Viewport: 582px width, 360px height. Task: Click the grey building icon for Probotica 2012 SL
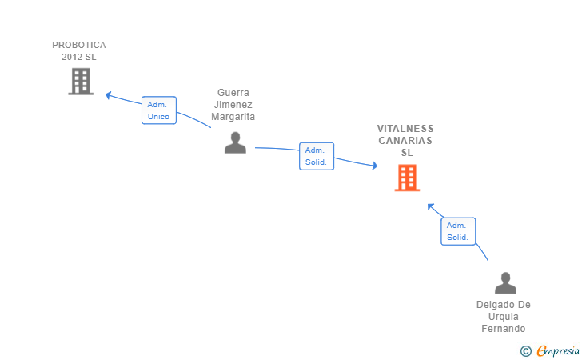click(x=81, y=82)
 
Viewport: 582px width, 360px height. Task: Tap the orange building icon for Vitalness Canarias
click(x=407, y=178)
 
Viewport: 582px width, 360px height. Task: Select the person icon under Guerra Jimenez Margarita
click(x=235, y=142)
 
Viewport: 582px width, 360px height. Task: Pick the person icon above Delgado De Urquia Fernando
click(x=505, y=282)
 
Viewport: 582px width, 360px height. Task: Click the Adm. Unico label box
click(x=159, y=110)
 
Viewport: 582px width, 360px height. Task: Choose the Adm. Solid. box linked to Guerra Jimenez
click(x=317, y=156)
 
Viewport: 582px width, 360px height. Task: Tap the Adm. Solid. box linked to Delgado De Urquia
click(x=458, y=231)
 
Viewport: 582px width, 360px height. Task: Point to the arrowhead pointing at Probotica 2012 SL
click(x=109, y=95)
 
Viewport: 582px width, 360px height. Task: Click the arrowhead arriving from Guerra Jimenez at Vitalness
click(x=375, y=166)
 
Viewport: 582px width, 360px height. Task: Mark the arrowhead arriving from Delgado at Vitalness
click(x=431, y=206)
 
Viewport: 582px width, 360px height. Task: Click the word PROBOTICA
click(x=79, y=45)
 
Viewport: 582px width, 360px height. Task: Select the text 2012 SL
click(x=78, y=57)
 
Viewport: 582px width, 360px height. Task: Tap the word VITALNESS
click(x=405, y=129)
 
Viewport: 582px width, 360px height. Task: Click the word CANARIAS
click(x=405, y=141)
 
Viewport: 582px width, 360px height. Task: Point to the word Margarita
click(x=233, y=117)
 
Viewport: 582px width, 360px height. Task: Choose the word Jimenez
click(x=233, y=104)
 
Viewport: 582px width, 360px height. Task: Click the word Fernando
click(x=504, y=329)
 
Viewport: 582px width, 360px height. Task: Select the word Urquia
click(x=504, y=317)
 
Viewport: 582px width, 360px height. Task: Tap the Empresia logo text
click(x=558, y=350)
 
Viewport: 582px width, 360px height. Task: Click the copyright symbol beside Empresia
click(x=525, y=351)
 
